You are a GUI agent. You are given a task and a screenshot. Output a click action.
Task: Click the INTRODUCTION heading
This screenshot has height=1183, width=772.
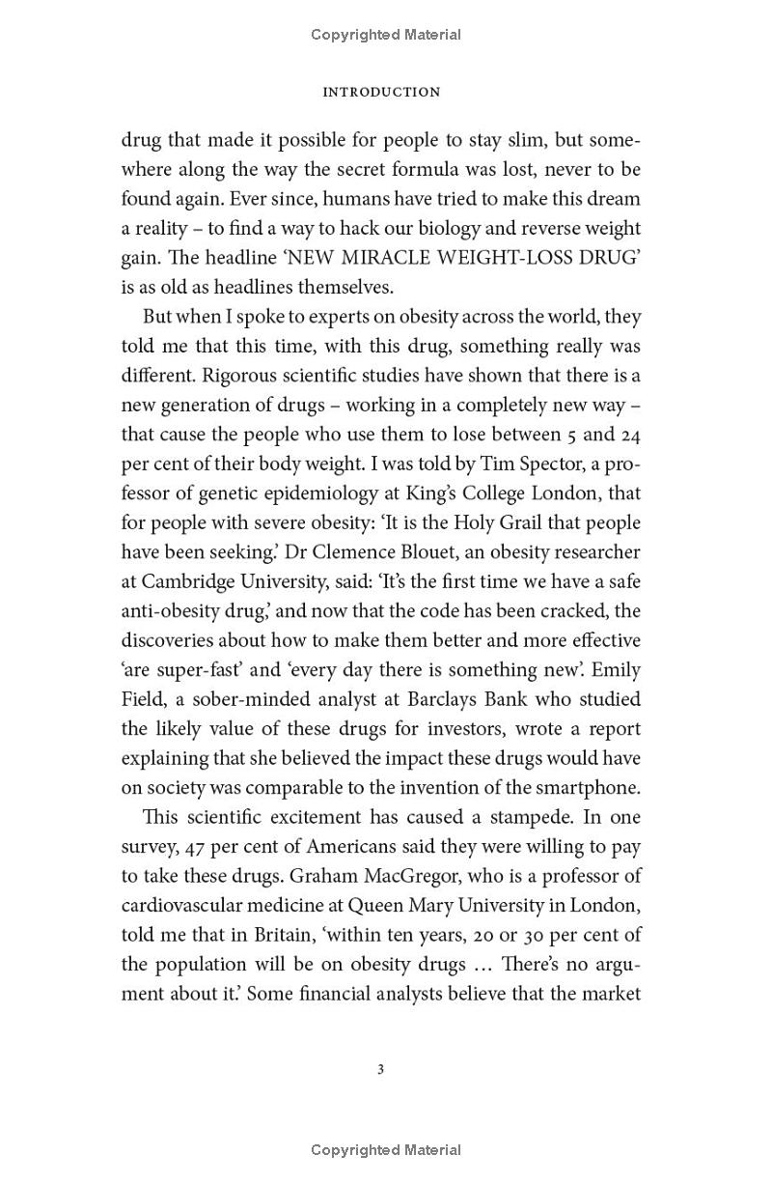(x=381, y=92)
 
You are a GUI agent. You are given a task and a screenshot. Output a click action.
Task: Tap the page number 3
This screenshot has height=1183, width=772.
(x=381, y=1069)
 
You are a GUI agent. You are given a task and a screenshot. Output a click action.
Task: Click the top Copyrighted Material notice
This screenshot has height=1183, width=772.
(x=386, y=35)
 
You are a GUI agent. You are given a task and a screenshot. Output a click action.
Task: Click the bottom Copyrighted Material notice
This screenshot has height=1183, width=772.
(x=386, y=1149)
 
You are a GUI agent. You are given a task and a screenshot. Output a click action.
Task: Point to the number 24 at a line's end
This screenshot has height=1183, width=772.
(x=628, y=434)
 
